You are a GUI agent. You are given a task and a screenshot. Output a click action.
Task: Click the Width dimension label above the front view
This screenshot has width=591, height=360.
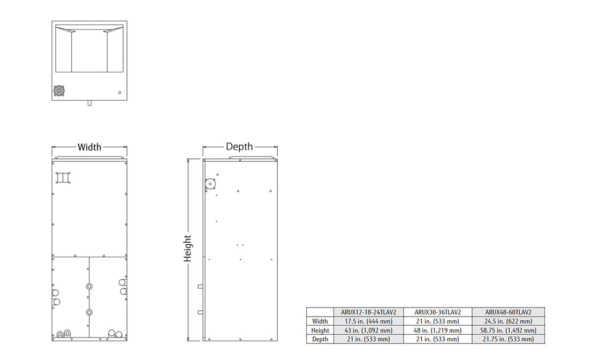click(x=89, y=147)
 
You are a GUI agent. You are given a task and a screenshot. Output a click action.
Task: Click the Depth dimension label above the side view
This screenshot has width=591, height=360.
click(x=239, y=147)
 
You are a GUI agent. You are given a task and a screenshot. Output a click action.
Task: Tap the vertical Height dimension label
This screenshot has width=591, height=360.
click(x=187, y=248)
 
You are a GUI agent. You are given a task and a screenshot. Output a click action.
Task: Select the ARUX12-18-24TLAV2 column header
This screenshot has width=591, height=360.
click(x=368, y=312)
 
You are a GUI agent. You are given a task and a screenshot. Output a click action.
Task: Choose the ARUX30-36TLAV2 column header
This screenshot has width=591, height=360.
click(x=437, y=312)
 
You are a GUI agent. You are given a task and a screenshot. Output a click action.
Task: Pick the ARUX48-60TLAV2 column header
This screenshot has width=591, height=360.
click(x=508, y=312)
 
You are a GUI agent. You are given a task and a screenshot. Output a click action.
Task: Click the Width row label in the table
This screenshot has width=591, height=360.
click(x=320, y=321)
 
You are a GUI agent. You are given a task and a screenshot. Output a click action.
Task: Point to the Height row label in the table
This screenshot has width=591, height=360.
click(x=320, y=330)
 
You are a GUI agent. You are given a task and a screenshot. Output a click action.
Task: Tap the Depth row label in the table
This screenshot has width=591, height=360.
click(x=320, y=339)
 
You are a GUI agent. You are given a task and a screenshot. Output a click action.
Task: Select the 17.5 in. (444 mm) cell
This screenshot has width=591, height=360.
click(x=368, y=321)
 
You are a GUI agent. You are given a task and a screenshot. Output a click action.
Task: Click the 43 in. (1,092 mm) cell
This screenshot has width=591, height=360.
click(x=368, y=330)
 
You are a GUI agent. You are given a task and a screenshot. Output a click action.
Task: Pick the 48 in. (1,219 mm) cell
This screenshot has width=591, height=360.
click(x=437, y=330)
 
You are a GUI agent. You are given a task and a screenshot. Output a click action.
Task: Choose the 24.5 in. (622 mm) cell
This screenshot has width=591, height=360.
click(x=508, y=321)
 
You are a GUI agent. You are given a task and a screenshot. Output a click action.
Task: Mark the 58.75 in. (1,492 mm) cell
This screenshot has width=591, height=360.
click(x=508, y=330)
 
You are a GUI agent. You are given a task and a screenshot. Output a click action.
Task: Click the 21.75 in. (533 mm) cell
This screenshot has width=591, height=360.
click(x=508, y=339)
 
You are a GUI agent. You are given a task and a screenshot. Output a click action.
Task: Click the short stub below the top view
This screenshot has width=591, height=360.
click(x=89, y=103)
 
